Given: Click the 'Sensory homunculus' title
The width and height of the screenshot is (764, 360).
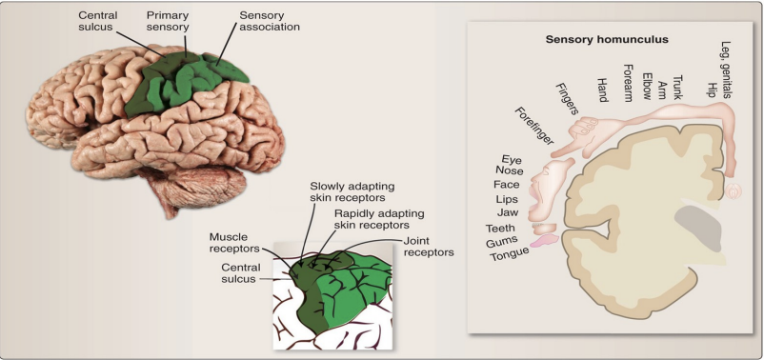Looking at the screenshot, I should click(x=607, y=40).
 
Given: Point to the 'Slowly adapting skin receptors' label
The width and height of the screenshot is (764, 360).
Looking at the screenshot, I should click(x=352, y=190).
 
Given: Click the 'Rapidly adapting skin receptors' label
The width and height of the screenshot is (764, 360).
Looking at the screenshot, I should click(x=379, y=219).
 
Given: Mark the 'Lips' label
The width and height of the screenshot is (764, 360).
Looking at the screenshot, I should click(x=506, y=199).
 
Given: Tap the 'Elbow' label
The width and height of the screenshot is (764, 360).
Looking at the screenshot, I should click(x=648, y=86).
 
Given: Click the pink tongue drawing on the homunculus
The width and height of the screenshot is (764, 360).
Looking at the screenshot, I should click(x=542, y=243).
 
